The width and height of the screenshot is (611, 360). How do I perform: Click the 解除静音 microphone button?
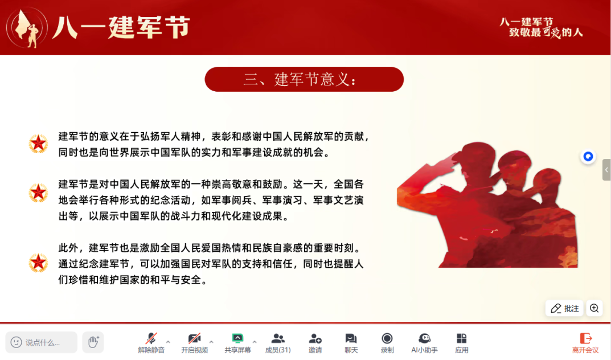coord(151,342)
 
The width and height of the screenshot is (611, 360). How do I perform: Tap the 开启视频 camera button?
coord(194,342)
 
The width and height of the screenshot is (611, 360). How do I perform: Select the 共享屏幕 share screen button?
coord(237,342)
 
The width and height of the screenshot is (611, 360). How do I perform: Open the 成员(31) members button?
coord(278,342)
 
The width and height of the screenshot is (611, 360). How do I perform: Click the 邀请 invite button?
coord(315,342)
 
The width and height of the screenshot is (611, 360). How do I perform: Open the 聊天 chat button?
coord(351,342)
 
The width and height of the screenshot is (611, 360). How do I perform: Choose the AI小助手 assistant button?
coord(424,342)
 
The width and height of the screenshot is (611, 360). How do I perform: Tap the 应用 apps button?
coord(462,342)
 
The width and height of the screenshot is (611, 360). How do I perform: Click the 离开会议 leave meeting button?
coord(585,342)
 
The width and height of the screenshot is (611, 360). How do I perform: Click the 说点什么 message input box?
coord(42,342)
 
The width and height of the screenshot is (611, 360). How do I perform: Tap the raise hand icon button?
coord(93,342)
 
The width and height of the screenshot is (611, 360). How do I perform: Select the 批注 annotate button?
coord(564,308)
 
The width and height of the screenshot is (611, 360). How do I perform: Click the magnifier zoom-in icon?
coord(594,308)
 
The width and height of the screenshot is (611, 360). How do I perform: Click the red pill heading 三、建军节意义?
coord(304,80)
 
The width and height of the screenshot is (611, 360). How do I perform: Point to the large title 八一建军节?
coord(121,27)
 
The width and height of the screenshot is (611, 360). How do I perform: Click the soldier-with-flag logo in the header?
coord(27,28)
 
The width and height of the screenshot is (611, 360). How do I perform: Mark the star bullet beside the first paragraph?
coord(38,144)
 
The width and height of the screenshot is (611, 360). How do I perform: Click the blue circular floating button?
coord(588,157)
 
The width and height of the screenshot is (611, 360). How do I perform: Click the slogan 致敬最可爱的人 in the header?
coord(546,32)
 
